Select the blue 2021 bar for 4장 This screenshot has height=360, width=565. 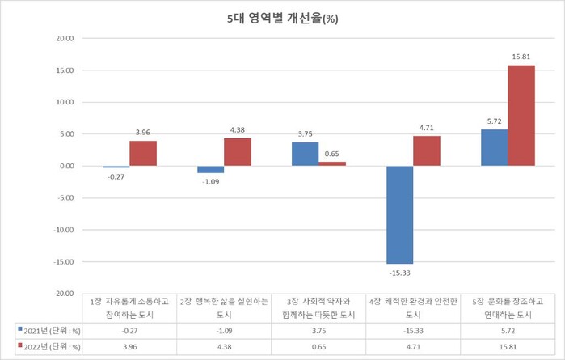(x=399, y=214)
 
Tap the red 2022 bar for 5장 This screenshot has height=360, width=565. (x=521, y=115)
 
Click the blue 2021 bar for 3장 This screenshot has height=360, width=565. (x=305, y=154)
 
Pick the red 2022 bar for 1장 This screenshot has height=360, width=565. (x=142, y=153)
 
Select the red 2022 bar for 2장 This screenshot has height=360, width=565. (x=238, y=151)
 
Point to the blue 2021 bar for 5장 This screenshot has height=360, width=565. (x=494, y=147)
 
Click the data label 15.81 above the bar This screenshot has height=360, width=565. (x=521, y=57)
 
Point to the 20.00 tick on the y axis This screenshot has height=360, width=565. (x=63, y=38)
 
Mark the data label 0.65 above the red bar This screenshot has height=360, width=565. (x=332, y=154)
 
